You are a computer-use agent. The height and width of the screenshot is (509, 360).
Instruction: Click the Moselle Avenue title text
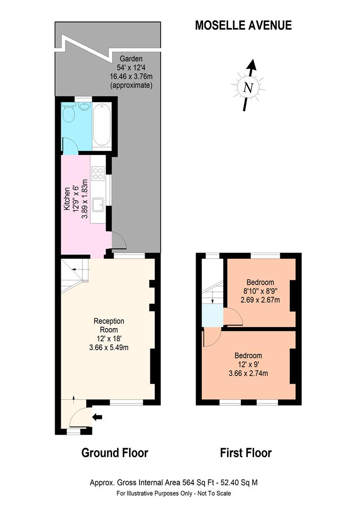click(x=243, y=25)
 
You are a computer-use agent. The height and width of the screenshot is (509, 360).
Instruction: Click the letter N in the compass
click(x=248, y=87)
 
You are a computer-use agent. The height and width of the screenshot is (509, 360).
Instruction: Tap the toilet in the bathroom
click(x=69, y=113)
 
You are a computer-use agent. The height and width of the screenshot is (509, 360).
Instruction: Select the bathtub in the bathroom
click(x=102, y=126)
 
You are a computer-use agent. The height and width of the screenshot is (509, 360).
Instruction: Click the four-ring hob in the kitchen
click(x=98, y=174)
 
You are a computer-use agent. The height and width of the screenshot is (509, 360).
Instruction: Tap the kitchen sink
click(x=98, y=205)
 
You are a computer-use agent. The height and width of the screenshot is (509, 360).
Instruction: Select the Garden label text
click(x=131, y=59)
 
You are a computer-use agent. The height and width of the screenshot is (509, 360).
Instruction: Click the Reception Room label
click(x=109, y=325)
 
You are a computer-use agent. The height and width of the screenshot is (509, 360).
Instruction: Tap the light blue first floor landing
click(x=212, y=315)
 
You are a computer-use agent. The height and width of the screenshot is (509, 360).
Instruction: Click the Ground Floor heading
click(x=115, y=453)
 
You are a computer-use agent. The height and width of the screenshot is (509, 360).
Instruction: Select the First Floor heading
click(x=245, y=453)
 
